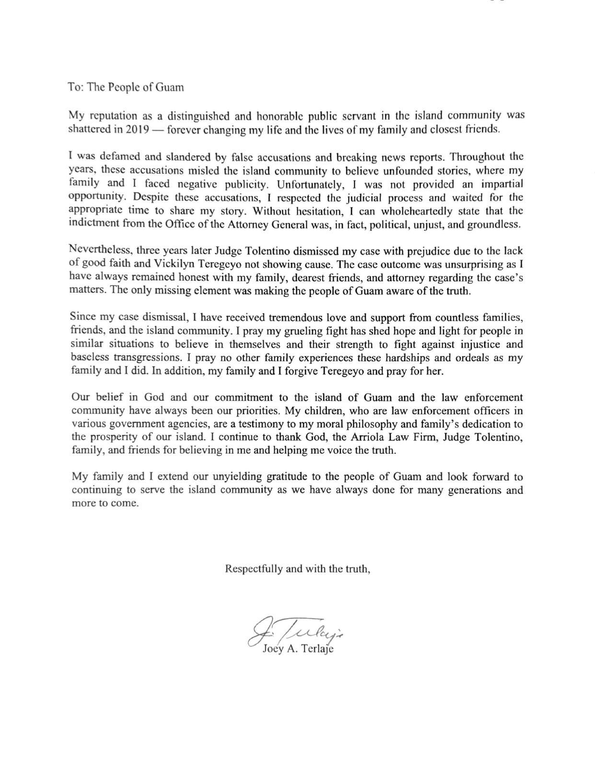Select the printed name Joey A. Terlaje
[x=297, y=650]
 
